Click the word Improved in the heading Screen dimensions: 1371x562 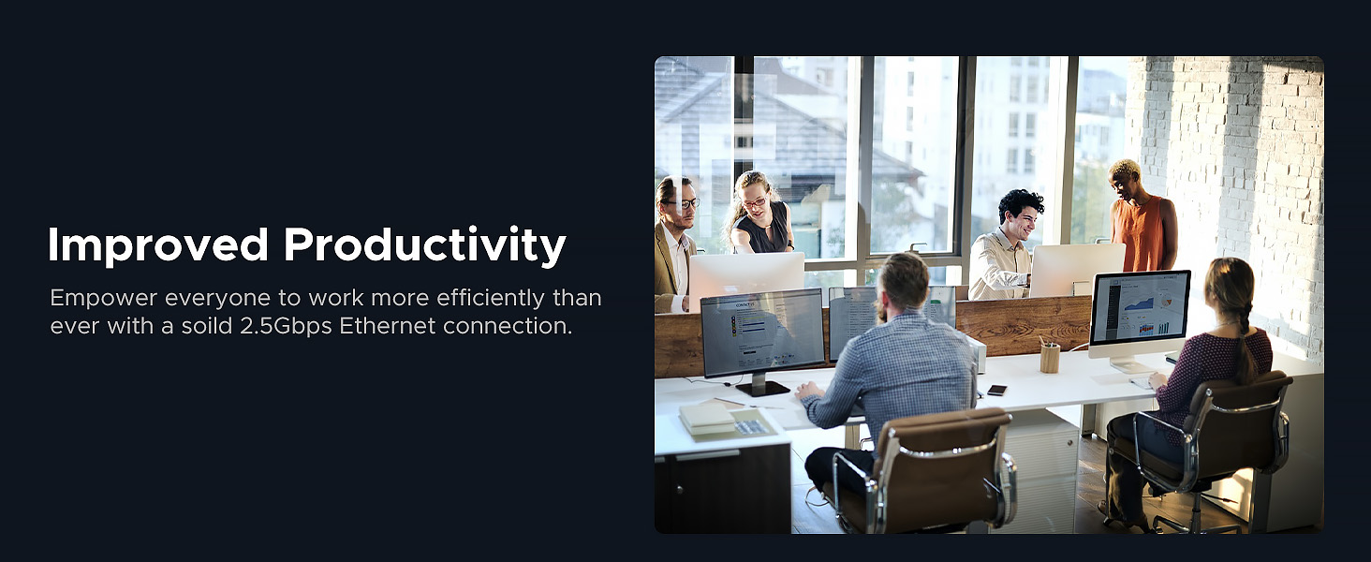[x=158, y=244]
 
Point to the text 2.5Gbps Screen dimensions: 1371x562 [x=286, y=327]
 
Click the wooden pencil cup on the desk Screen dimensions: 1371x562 [x=1050, y=357]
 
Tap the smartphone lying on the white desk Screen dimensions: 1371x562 [x=997, y=390]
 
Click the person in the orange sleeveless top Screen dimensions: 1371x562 [x=1141, y=217]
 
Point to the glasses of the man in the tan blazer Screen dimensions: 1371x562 [x=685, y=203]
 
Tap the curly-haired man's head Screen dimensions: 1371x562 [x=1021, y=214]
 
